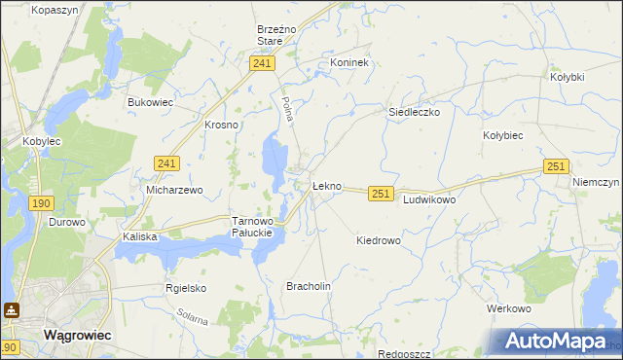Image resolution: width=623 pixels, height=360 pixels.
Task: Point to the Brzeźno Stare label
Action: [x=270, y=35]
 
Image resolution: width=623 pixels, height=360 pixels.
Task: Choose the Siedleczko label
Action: [x=415, y=112]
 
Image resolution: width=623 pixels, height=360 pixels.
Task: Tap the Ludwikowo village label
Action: [x=429, y=198]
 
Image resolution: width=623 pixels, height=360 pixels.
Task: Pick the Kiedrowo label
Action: [x=379, y=240]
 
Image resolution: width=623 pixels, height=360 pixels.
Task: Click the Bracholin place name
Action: [x=309, y=286]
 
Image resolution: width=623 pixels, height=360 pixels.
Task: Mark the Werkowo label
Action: [x=508, y=308]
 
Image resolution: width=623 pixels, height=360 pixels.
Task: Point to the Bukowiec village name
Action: [x=150, y=101]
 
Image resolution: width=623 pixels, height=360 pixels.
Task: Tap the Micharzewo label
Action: [x=174, y=190]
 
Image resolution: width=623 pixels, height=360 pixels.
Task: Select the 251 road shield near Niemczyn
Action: [x=556, y=167]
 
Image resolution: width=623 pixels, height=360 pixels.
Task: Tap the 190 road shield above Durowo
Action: [x=40, y=202]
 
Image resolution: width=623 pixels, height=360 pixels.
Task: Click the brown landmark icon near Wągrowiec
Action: [x=12, y=310]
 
